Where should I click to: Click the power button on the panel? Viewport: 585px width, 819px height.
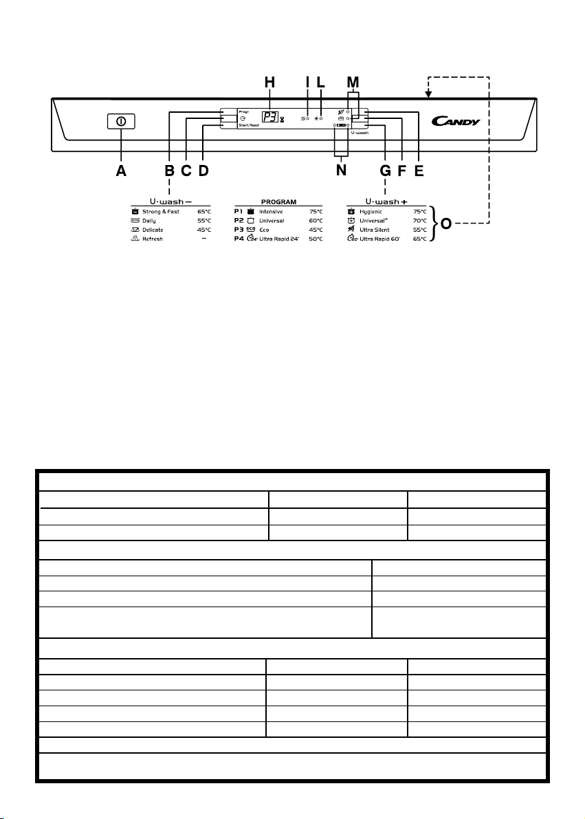pos(121,121)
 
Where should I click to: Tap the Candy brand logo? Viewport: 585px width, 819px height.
pos(455,122)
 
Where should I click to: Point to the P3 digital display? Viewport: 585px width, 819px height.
pos(270,117)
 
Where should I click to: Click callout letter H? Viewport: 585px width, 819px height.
pos(269,83)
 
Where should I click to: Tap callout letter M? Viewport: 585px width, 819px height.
pos(353,83)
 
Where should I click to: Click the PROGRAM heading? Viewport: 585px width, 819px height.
pos(278,202)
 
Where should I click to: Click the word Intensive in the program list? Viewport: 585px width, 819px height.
pos(271,212)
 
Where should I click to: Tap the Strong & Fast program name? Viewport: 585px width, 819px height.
pos(161,212)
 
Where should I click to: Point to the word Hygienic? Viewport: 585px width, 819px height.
pos(372,212)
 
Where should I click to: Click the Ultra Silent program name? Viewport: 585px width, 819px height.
pos(375,230)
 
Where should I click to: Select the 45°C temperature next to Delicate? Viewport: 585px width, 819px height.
pos(203,230)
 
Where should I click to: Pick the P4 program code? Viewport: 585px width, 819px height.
pos(239,238)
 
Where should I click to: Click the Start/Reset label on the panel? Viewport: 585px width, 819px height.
pos(248,127)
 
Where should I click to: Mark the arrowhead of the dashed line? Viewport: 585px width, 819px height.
pos(428,93)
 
